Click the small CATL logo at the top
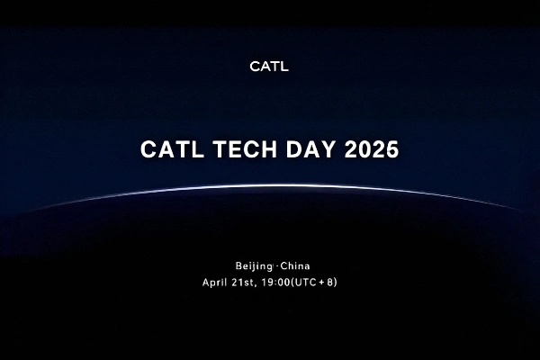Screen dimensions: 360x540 click(269, 66)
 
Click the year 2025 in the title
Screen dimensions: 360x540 click(371, 150)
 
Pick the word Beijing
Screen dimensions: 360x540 click(254, 267)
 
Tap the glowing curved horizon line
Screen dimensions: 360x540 click(270, 187)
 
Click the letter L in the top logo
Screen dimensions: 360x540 click(284, 66)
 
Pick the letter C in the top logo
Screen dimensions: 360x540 click(254, 66)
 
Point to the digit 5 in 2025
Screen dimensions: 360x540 click(391, 150)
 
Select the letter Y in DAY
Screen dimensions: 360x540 click(326, 150)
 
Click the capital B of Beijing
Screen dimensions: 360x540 click(238, 267)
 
